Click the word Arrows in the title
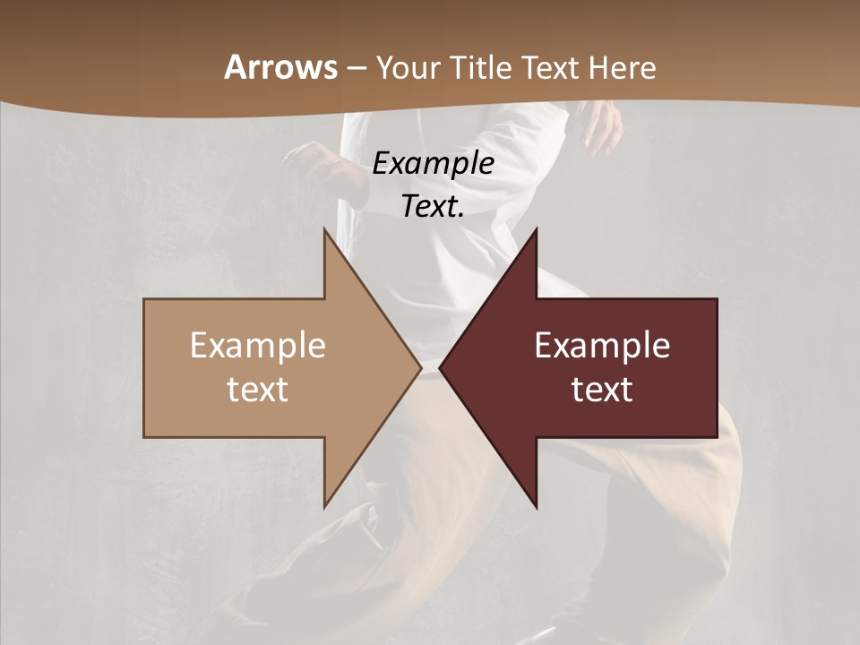[x=280, y=67]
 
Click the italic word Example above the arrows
[x=433, y=164]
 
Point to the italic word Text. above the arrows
[x=433, y=207]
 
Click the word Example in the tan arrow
[x=258, y=346]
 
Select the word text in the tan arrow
[x=258, y=390]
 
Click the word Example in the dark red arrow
[x=602, y=346]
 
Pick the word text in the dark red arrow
[x=602, y=390]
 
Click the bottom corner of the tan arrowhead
[x=325, y=506]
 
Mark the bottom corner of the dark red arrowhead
[x=536, y=506]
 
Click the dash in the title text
[x=356, y=68]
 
